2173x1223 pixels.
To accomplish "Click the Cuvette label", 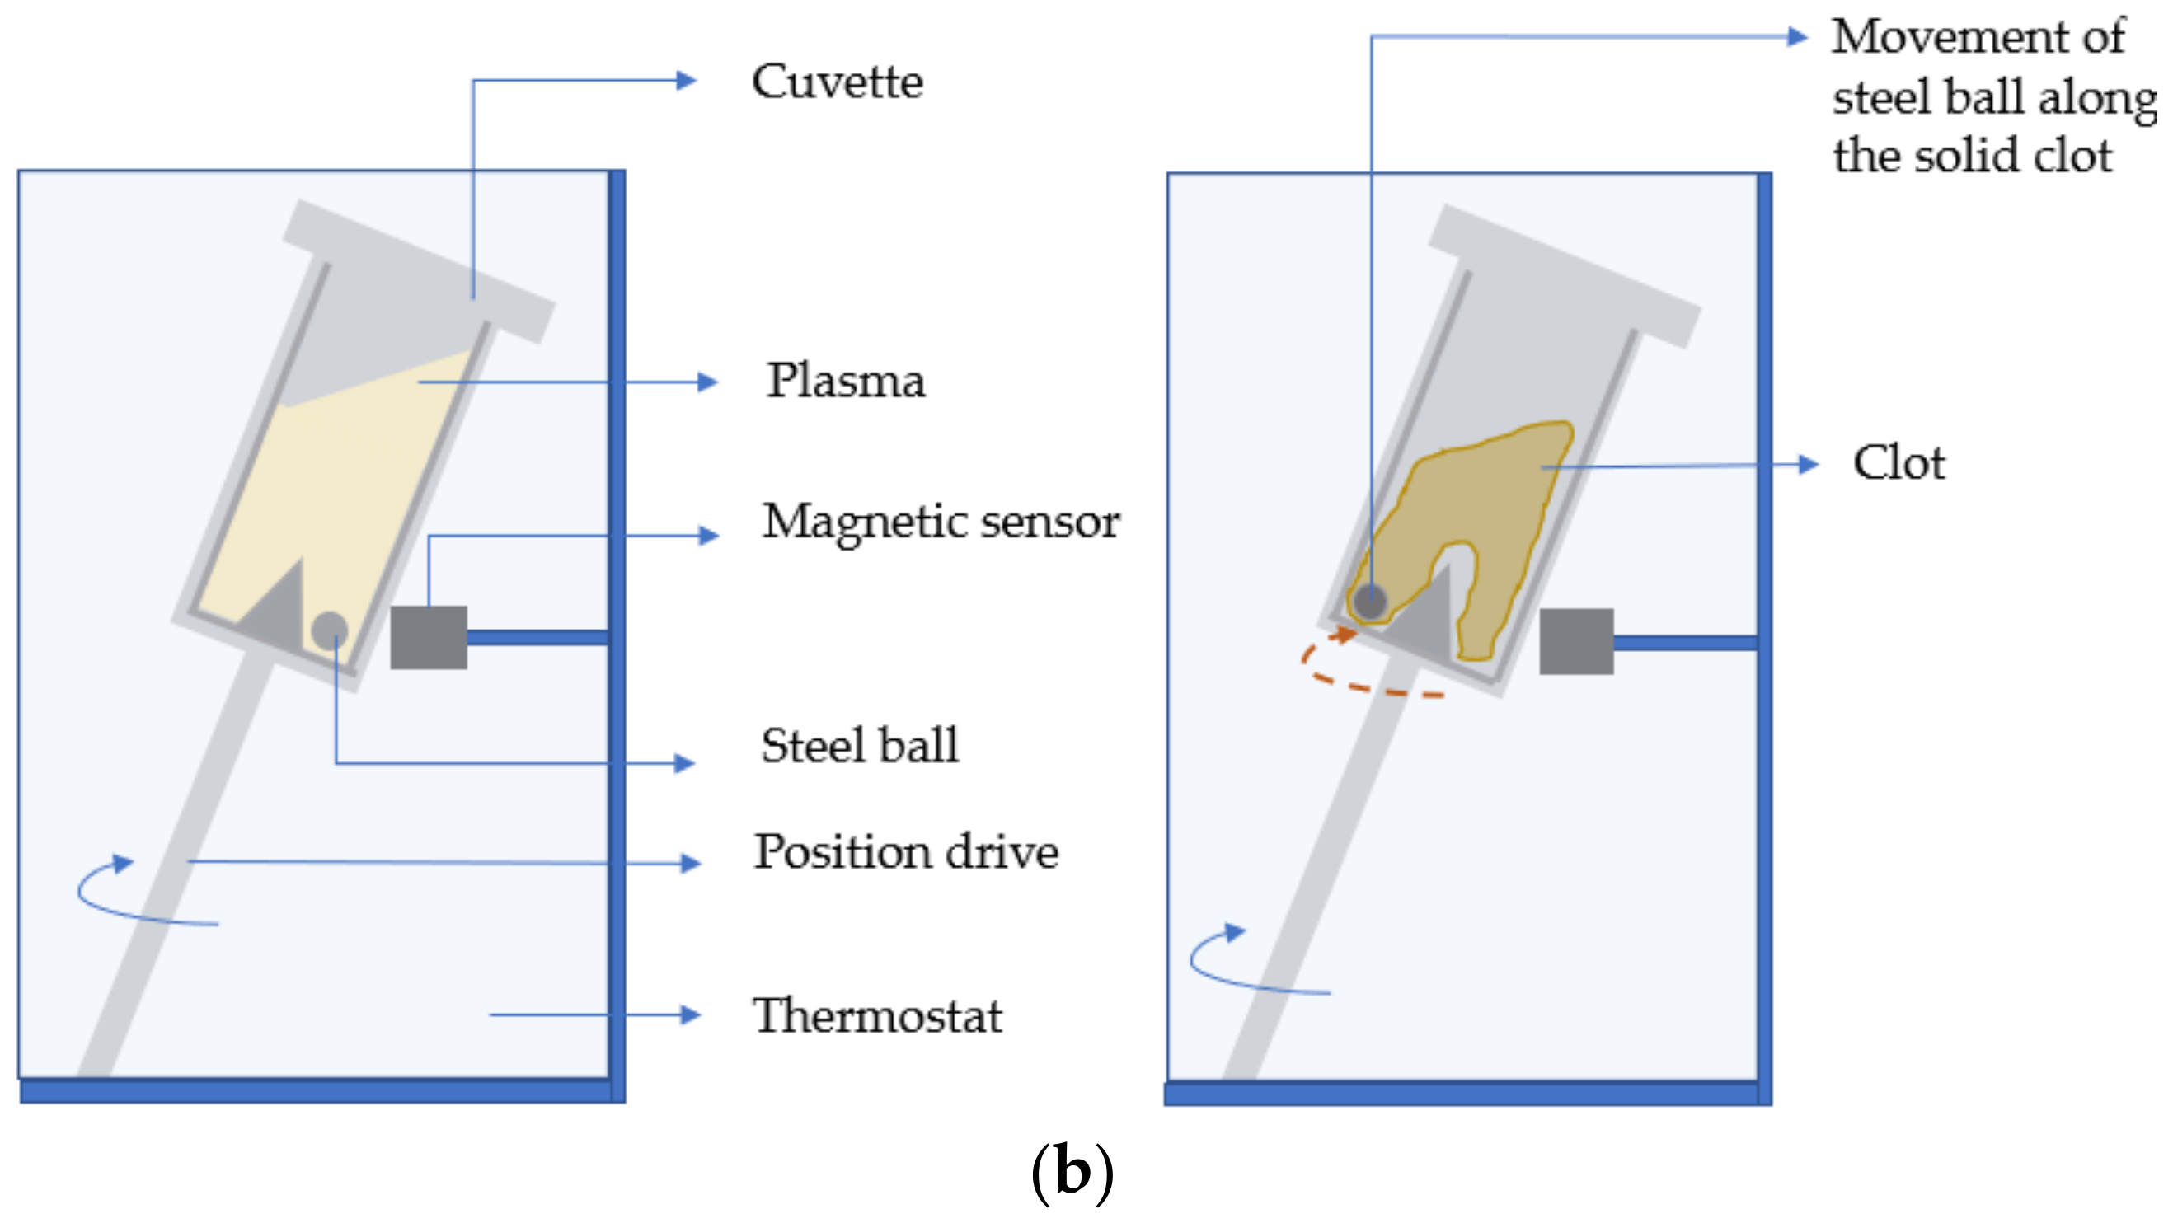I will pos(837,82).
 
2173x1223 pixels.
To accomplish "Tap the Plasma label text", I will pos(845,381).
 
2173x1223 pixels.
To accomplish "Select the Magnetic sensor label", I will pos(941,521).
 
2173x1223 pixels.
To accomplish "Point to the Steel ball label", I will pos(859,746).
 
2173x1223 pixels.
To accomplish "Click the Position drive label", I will pos(905,852).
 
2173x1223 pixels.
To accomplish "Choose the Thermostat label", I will pos(876,1015).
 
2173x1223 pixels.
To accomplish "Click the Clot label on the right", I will pos(1898,463).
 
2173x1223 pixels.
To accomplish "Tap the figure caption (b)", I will pos(1072,1173).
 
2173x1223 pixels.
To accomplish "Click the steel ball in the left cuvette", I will pos(329,629).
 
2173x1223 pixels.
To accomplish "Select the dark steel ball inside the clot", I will pos(1370,602).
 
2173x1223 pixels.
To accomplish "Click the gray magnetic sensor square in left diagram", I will pos(429,638).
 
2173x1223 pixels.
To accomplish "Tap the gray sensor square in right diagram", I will pos(1576,642).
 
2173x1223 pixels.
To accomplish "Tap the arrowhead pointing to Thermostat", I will pos(691,1014).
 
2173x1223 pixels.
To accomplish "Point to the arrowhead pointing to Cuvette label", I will pos(686,81).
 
